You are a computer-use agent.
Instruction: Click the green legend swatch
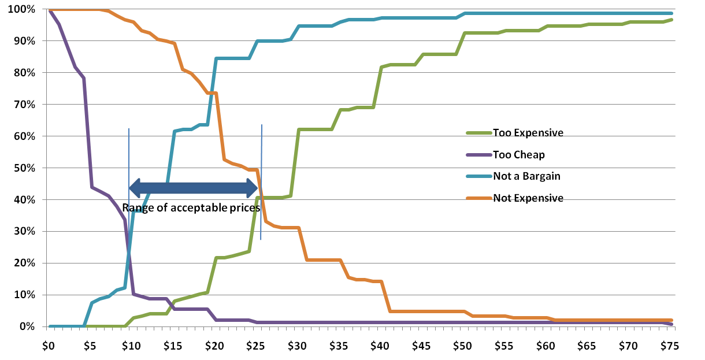click(478, 133)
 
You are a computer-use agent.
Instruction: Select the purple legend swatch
click(478, 155)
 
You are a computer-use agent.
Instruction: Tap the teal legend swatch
click(478, 176)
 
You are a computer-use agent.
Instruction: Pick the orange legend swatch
click(478, 198)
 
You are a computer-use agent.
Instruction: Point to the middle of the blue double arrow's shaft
click(194, 188)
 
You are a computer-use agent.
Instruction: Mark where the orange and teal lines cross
click(213, 92)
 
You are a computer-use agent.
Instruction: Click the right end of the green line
click(671, 20)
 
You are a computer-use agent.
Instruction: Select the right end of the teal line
click(671, 13)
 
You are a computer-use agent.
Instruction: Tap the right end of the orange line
click(671, 320)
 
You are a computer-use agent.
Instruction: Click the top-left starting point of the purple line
click(50, 10)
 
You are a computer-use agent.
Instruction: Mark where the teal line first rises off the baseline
click(84, 326)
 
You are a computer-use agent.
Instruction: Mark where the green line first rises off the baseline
click(125, 326)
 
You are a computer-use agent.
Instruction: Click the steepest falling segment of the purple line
click(88, 133)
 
